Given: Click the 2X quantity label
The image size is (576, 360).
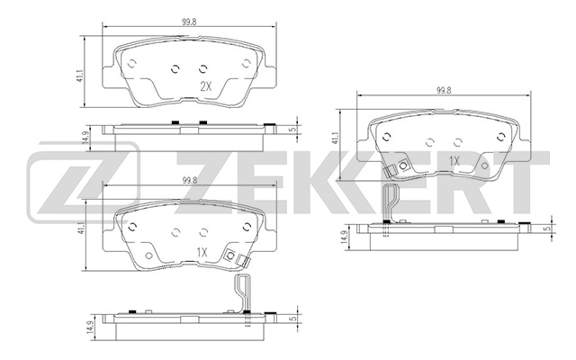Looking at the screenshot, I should coord(204,87).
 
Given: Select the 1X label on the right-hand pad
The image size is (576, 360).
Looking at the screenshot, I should coord(454,161).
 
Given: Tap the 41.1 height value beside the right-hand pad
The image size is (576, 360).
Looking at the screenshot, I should coord(336,138).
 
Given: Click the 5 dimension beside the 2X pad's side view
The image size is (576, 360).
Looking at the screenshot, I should coord(294,129).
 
